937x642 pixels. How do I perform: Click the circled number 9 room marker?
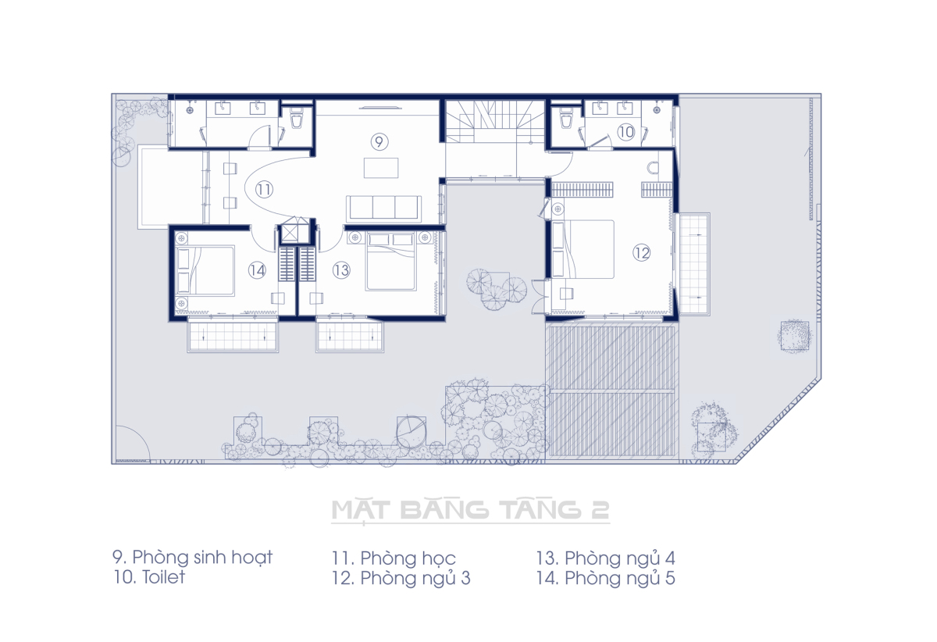[379, 142]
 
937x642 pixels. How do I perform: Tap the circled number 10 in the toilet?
[626, 132]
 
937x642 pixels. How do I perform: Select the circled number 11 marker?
[264, 190]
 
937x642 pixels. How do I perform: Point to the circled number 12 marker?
[641, 253]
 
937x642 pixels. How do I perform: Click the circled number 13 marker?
[341, 270]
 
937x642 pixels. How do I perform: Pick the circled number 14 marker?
[257, 270]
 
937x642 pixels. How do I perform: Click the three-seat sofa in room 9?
[383, 209]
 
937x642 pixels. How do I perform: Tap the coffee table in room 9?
[381, 168]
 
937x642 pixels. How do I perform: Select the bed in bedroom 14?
[205, 271]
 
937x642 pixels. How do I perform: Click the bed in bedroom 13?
[390, 262]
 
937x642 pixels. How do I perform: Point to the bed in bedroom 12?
[583, 249]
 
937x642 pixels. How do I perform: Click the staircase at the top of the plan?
[495, 121]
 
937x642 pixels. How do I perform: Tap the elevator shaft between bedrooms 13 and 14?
[295, 231]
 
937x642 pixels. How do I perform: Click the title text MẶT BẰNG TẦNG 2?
[471, 510]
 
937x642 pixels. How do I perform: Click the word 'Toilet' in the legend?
[163, 577]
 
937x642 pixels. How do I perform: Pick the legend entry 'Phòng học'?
[408, 558]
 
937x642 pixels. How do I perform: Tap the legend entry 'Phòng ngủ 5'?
[620, 579]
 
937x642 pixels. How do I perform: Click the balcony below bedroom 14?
[233, 334]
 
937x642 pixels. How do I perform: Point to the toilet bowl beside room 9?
[297, 119]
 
